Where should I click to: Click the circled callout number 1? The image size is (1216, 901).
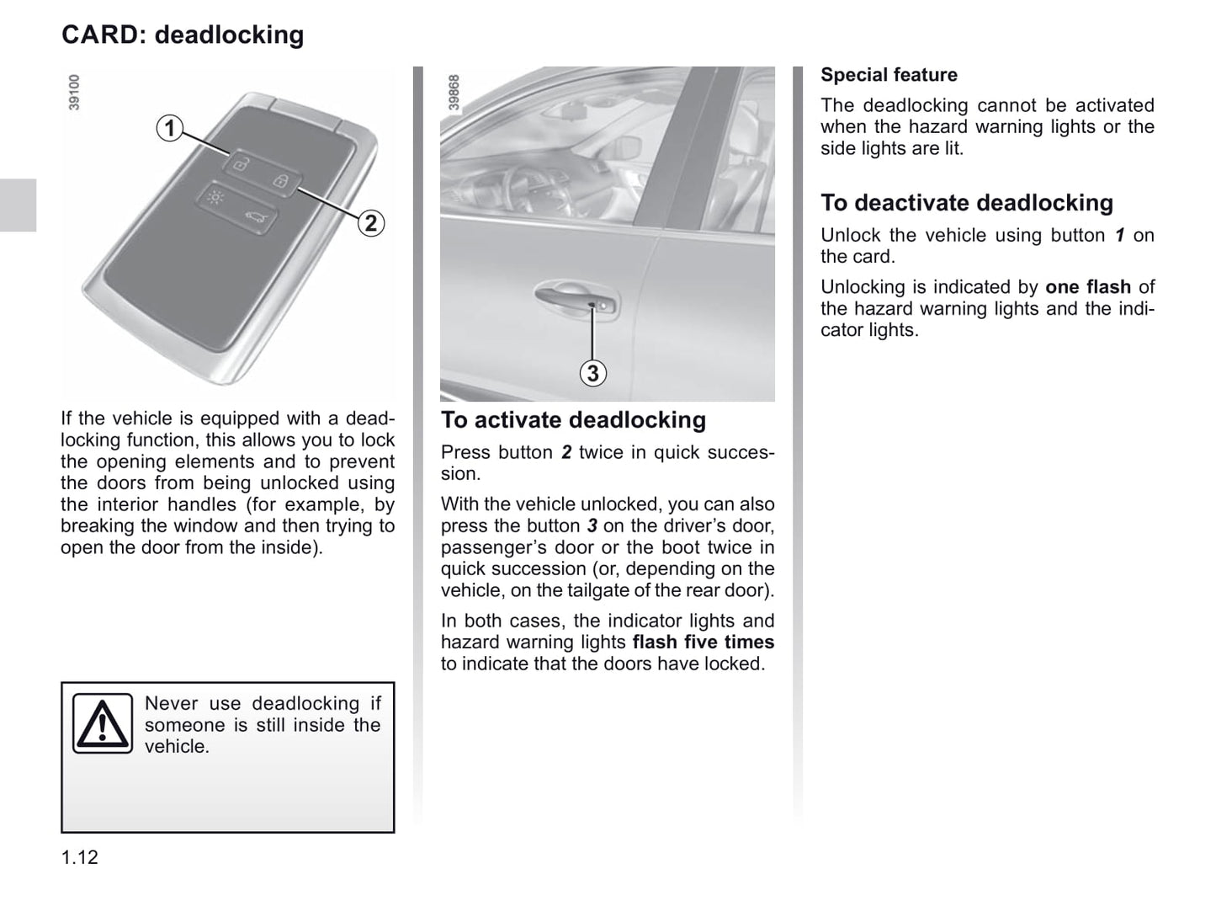pos(170,128)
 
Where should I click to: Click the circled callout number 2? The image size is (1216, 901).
pos(370,223)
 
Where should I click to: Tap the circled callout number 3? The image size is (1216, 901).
pos(593,373)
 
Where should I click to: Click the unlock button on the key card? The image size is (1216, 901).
pos(240,163)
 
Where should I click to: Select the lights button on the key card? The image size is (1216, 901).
pos(215,199)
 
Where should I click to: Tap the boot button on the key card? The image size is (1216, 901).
pos(253,219)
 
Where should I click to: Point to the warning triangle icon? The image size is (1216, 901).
pos(102,723)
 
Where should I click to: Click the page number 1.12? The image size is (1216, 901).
pos(80,857)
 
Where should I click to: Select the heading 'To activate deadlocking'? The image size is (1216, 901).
pos(573,420)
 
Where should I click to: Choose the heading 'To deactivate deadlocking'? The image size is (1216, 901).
pos(966,203)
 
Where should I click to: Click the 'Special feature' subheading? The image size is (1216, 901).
pos(889,75)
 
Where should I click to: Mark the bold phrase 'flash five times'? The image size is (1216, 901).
pos(703,642)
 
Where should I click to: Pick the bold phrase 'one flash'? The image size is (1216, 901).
pos(1087,287)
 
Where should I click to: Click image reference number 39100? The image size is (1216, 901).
pos(74,93)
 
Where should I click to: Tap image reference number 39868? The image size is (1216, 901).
pos(454,93)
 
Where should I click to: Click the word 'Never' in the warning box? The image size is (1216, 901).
pos(172,704)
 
